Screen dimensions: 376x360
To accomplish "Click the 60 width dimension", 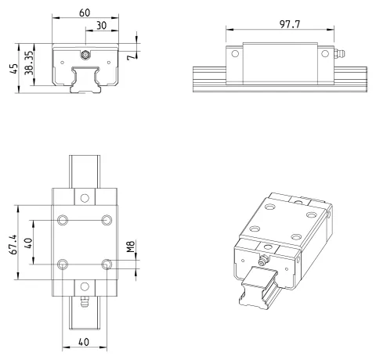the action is (85, 13).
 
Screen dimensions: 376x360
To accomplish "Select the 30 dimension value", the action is (102, 25).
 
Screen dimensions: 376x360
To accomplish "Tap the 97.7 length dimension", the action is (290, 24).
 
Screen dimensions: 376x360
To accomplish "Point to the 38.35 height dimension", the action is (29, 63).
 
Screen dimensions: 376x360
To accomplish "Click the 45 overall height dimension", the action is (14, 69).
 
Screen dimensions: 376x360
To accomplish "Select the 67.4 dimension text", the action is (13, 244).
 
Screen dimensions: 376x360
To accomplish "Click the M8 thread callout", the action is (131, 247).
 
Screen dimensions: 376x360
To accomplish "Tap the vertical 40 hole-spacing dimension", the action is (28, 243).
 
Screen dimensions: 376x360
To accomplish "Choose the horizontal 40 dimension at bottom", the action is (84, 342).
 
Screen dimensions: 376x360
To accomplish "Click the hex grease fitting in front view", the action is (85, 55).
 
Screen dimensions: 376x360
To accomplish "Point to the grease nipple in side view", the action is (339, 53).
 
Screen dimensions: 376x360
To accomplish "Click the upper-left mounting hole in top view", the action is (63, 220).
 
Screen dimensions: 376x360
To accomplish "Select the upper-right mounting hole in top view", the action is (107, 220).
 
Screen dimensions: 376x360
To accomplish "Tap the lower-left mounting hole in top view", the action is (63, 265).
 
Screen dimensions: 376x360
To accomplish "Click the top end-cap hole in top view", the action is (85, 198).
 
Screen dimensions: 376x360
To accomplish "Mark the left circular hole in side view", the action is (235, 54).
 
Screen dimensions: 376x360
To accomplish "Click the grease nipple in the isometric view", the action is (262, 261).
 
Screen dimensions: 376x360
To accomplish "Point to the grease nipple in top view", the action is (84, 301).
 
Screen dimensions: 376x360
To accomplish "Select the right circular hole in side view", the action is (325, 54).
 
